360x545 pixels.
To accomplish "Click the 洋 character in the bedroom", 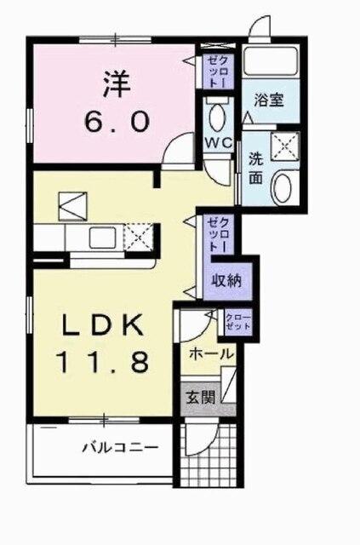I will (x=118, y=83).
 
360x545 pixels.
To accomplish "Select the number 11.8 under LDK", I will (x=105, y=362).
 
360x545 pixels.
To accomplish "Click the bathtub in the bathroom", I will (x=267, y=62).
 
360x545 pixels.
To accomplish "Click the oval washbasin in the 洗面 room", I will (x=283, y=186).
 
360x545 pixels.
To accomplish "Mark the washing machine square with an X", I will (x=280, y=146).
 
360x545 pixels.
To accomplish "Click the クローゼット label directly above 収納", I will (x=217, y=231).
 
